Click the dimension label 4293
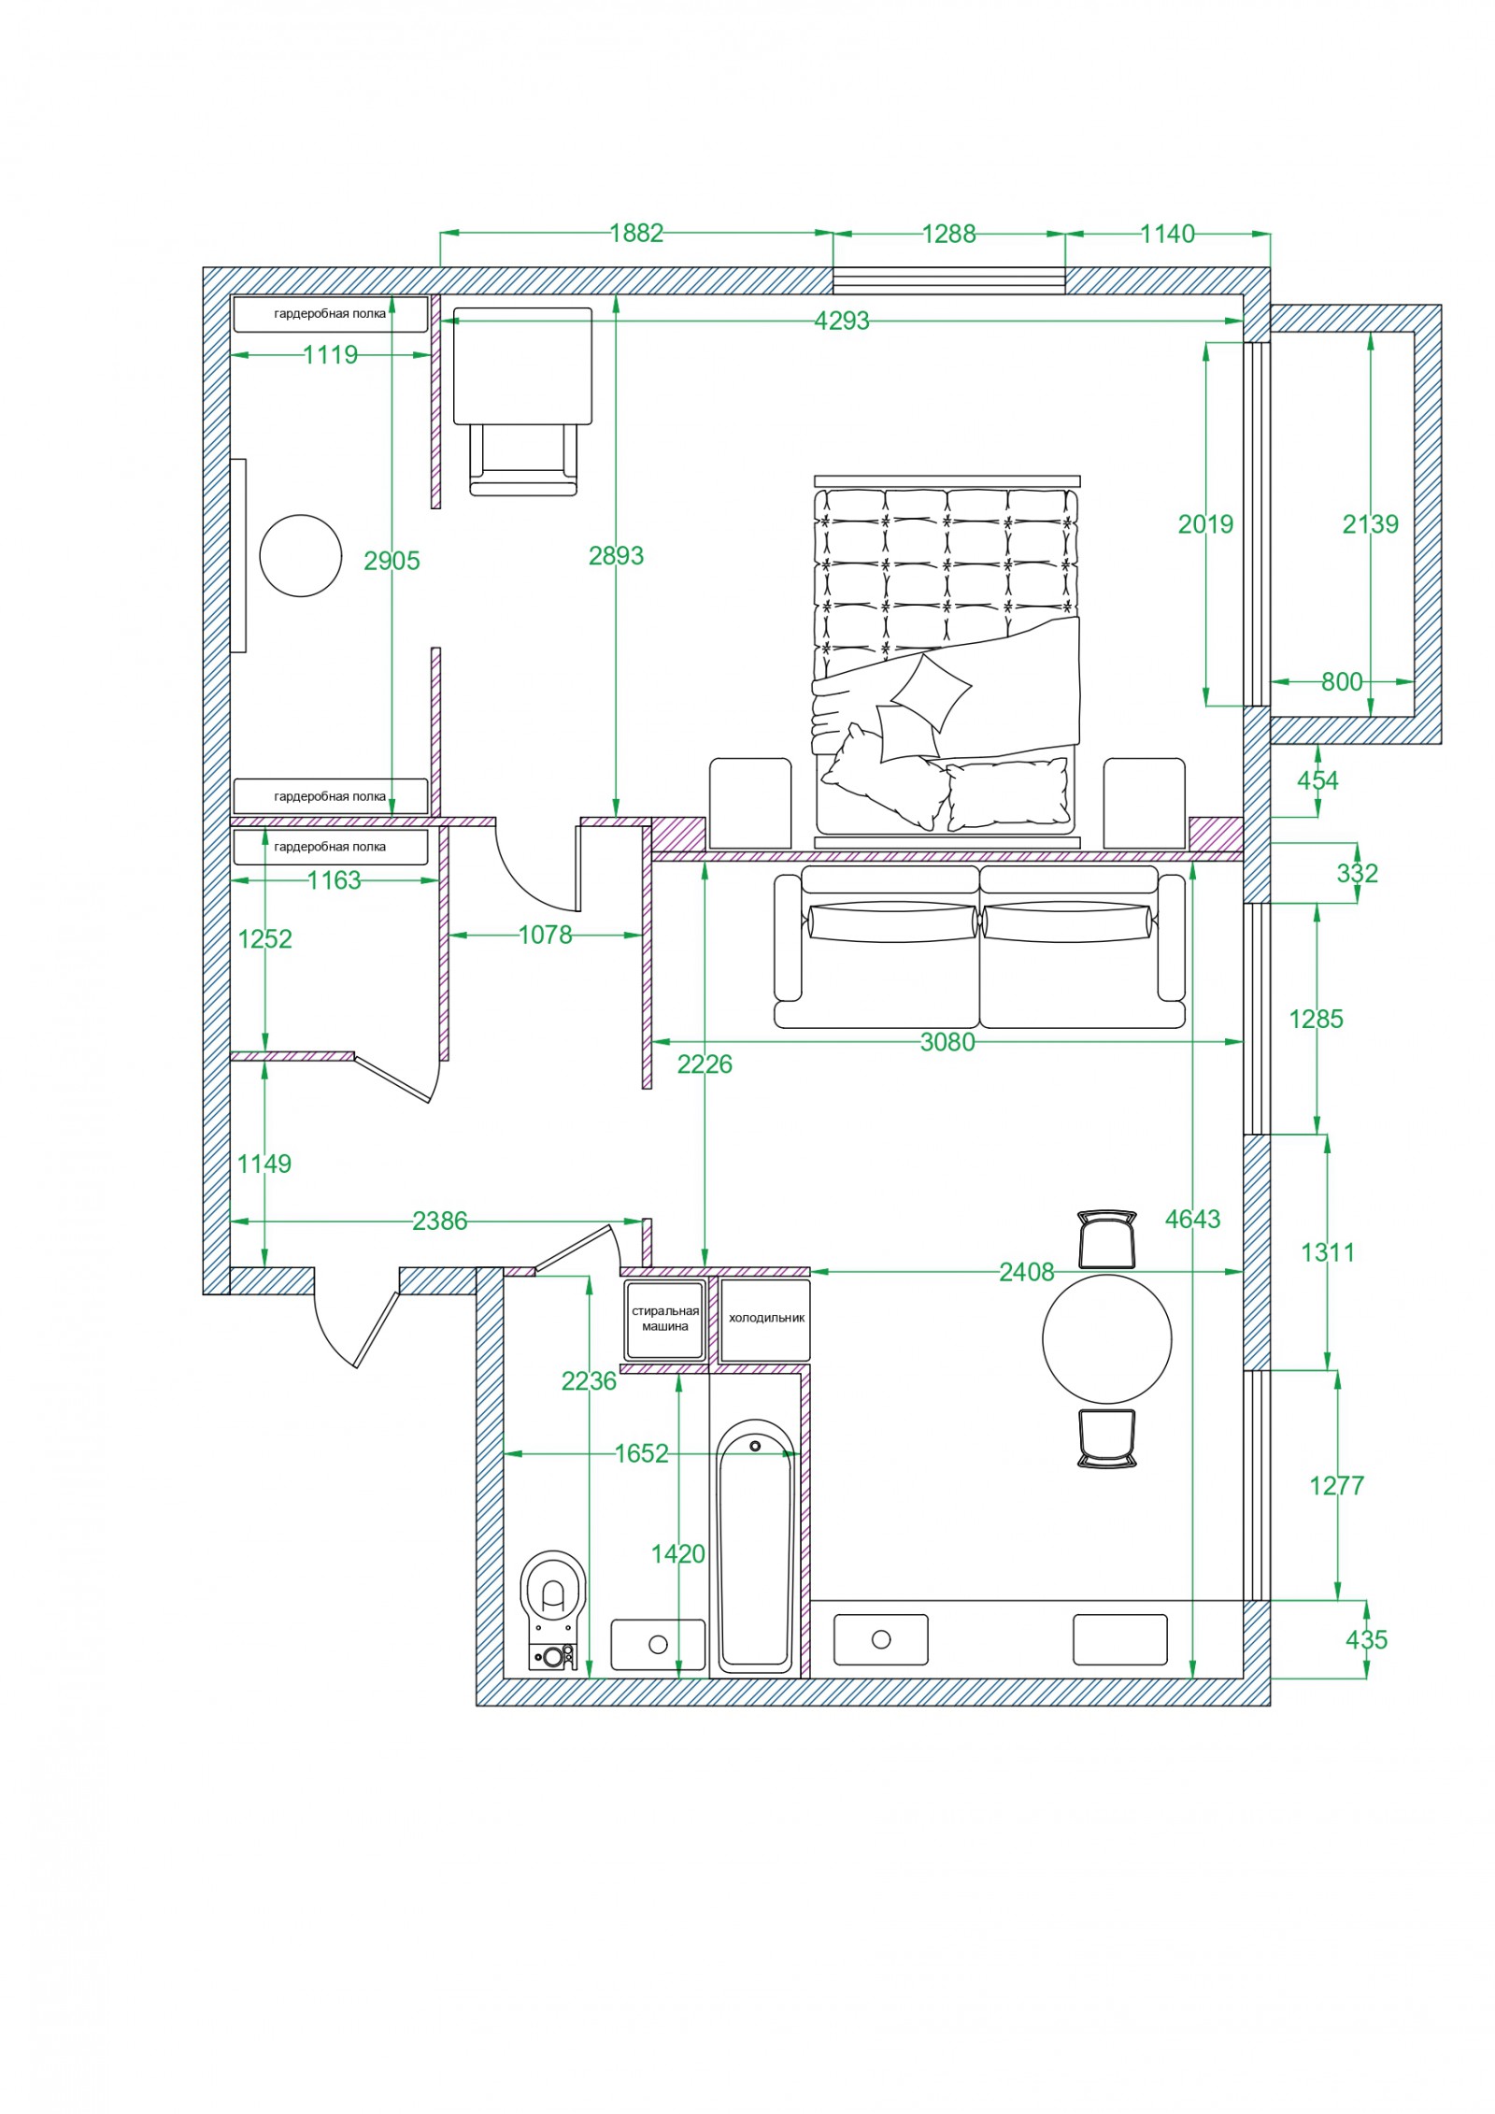[842, 321]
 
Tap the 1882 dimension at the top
[636, 233]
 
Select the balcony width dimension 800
[1342, 681]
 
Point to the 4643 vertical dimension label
[1193, 1219]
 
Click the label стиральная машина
[665, 1319]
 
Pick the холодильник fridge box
[766, 1320]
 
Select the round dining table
[1107, 1338]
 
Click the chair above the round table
[1107, 1238]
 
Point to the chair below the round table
[1107, 1438]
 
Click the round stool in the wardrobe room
[301, 555]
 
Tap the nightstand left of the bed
[750, 803]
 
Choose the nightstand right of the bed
[1145, 803]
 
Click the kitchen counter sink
[880, 1639]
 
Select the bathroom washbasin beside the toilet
[658, 1645]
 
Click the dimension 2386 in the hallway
[439, 1221]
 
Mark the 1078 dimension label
[546, 935]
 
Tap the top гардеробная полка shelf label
[330, 314]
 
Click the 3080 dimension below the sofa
[947, 1041]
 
